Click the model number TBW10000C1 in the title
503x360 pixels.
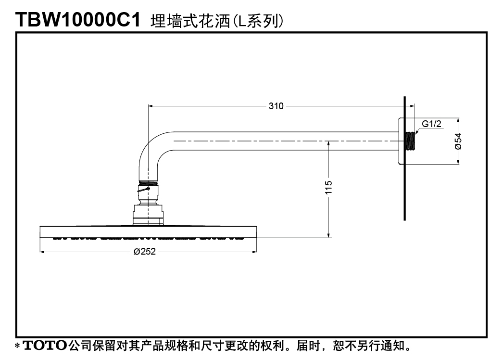click(78, 20)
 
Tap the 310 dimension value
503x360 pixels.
click(276, 106)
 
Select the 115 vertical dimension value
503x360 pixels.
click(328, 187)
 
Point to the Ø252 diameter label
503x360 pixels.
click(145, 251)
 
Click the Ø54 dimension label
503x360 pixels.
click(458, 141)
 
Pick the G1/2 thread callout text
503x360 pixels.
click(431, 124)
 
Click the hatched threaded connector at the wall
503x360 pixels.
click(410, 141)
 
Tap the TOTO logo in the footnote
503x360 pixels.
click(45, 346)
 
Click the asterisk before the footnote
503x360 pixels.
click(18, 346)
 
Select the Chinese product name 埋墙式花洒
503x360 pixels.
click(190, 21)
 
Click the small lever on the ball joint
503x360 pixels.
click(144, 190)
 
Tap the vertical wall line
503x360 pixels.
click(404, 158)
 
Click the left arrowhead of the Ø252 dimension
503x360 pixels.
click(42, 252)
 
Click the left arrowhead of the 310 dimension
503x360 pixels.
click(151, 106)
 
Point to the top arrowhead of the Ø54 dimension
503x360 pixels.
click(458, 120)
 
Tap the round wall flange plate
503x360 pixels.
click(401, 141)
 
